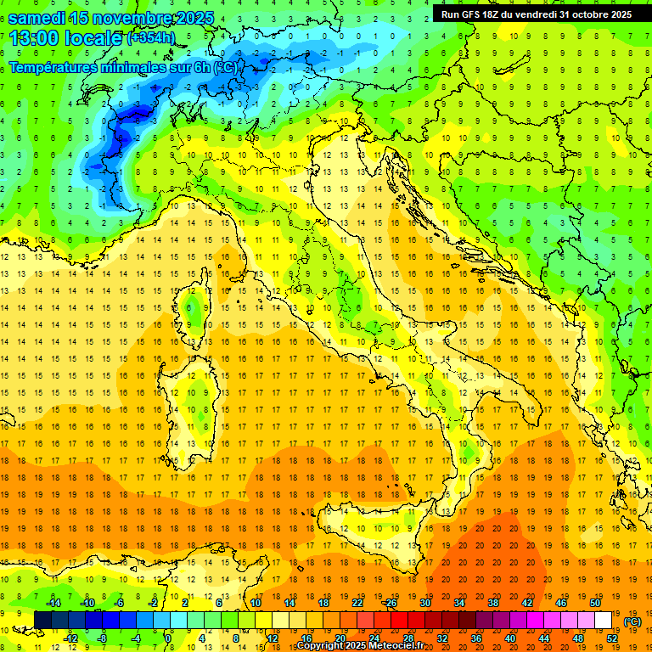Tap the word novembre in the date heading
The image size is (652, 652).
132,18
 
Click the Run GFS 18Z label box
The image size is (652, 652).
536,14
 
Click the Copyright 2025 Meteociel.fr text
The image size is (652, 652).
366,645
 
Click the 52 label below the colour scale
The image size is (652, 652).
611,638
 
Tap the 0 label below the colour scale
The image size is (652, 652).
168,638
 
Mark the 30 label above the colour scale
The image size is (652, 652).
424,603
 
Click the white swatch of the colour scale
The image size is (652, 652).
604,620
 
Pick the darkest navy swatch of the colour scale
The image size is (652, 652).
42,620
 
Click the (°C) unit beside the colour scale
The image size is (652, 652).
632,621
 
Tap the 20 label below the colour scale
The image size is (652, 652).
340,638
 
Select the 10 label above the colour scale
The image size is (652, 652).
255,603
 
